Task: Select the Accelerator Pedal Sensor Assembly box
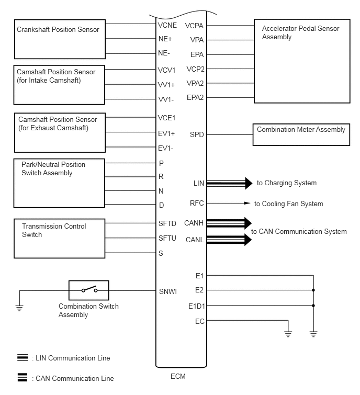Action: [x=301, y=61]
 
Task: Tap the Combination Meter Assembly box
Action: [x=301, y=134]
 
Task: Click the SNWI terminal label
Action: [x=168, y=291]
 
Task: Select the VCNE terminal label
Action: [x=167, y=25]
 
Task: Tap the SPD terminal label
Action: [x=197, y=134]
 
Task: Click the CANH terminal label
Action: [x=194, y=223]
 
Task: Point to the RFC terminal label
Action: [x=197, y=204]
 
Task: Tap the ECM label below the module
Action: [x=178, y=376]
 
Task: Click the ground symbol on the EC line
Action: [x=287, y=333]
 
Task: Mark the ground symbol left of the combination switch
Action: [x=19, y=308]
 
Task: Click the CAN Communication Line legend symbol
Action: [x=22, y=377]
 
